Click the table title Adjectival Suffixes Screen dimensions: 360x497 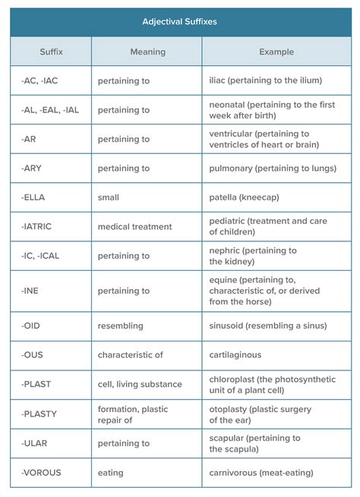[179, 22]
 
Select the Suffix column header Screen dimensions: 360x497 [52, 52]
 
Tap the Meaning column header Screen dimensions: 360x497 [147, 52]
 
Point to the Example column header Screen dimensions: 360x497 [276, 52]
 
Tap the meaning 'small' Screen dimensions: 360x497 [108, 197]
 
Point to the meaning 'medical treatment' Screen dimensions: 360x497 [134, 226]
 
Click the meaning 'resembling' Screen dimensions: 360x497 [120, 326]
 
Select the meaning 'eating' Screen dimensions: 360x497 [110, 473]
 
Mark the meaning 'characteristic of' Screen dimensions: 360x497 [130, 354]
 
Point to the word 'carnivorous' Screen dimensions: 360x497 [235, 473]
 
